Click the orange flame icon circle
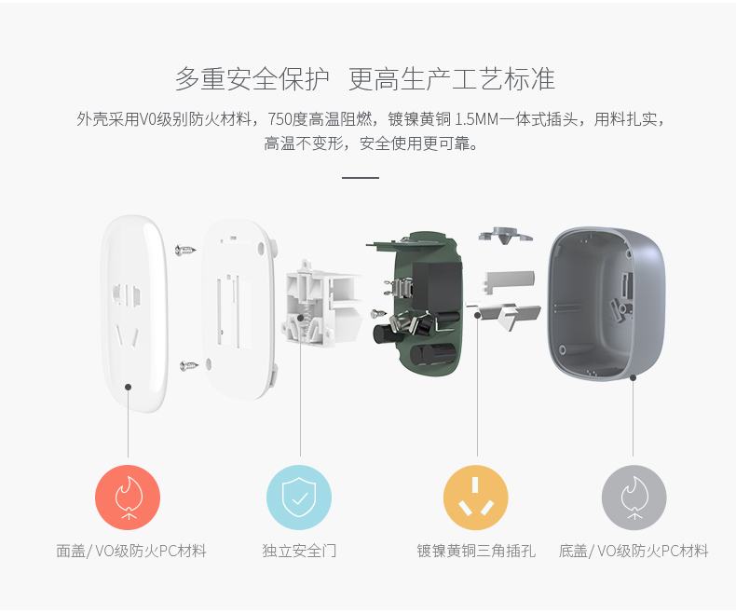(x=128, y=498)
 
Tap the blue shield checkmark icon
(x=299, y=498)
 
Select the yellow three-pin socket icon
(x=475, y=498)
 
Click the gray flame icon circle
(x=634, y=498)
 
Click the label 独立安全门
(x=299, y=552)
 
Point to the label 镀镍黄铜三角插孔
(x=475, y=552)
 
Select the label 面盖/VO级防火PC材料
(x=131, y=552)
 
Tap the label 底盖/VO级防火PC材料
(x=634, y=552)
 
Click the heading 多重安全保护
(x=252, y=80)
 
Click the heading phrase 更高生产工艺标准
(x=452, y=80)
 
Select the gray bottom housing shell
(x=606, y=304)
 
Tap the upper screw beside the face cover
(x=186, y=249)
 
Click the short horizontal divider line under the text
(x=361, y=177)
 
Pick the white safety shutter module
(x=321, y=302)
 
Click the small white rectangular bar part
(x=509, y=278)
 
